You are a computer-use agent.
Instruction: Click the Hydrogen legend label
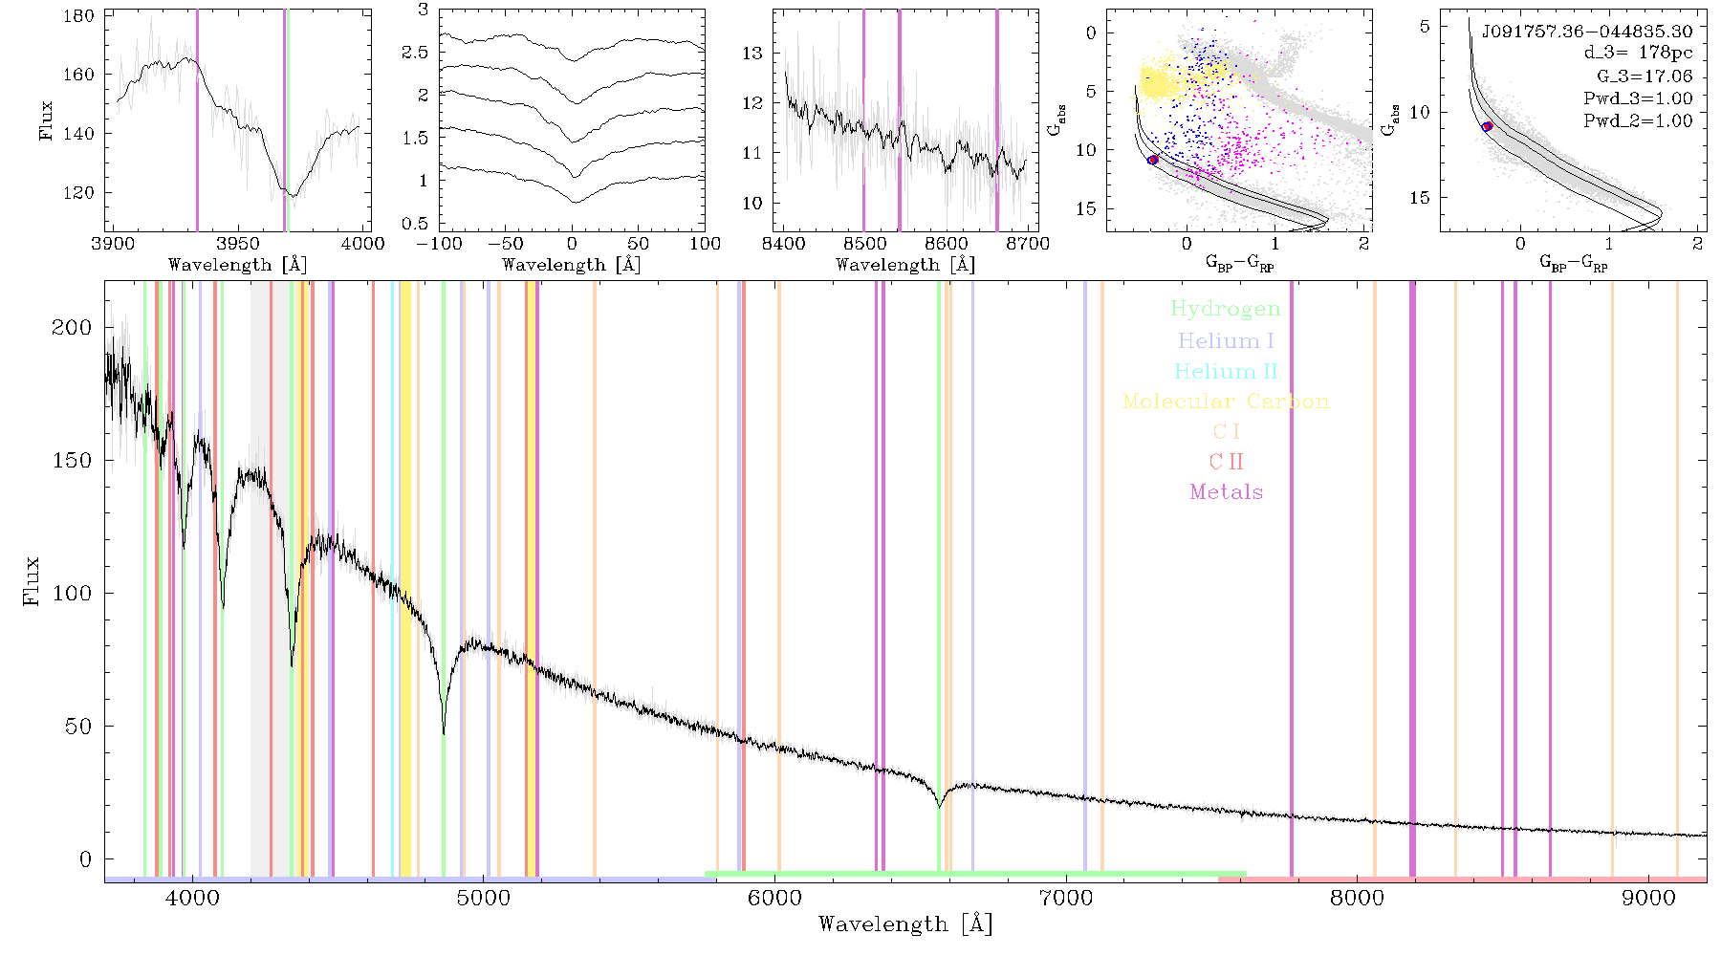1225,310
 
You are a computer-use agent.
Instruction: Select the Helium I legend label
1226,340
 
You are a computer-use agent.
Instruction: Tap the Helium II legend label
1226,371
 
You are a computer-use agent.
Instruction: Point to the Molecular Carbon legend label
1226,402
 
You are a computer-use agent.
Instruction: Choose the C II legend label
1226,462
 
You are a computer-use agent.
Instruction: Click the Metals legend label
1227,492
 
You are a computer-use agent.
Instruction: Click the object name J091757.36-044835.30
1587,32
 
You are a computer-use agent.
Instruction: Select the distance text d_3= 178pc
1638,53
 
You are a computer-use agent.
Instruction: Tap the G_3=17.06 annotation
1645,76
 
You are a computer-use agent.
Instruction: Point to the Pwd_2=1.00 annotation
1638,120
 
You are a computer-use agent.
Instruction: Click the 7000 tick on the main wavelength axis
1066,898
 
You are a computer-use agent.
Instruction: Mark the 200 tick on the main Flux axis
72,327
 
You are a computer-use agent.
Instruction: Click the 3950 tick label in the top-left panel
238,243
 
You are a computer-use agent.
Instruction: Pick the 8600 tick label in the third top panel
947,243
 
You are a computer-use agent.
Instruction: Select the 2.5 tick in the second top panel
415,52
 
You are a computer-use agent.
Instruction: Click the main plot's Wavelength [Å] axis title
905,924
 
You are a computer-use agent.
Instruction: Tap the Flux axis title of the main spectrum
32,580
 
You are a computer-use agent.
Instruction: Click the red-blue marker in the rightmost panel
1487,126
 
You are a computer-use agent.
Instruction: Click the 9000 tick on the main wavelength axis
1648,898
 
